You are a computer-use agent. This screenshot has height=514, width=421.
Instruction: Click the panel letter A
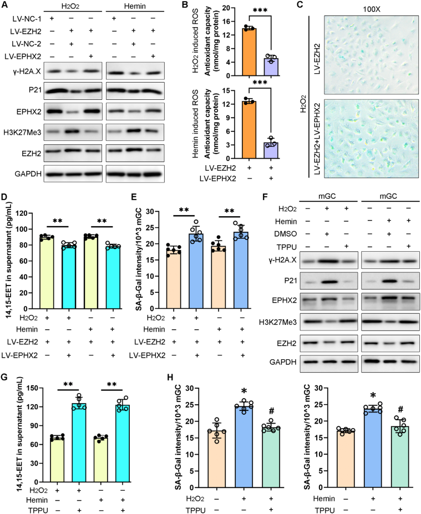click(x=4, y=5)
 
